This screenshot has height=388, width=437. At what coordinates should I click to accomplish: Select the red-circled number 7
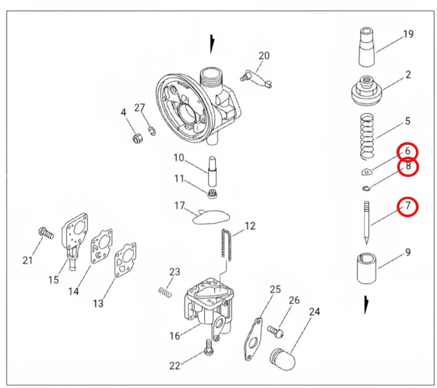(x=408, y=207)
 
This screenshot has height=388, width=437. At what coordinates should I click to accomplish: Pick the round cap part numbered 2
(x=367, y=90)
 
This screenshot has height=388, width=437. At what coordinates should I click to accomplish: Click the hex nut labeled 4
(x=137, y=139)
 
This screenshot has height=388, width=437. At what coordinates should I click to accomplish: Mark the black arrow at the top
(x=212, y=44)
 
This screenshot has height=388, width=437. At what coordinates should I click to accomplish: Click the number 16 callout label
(x=175, y=335)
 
